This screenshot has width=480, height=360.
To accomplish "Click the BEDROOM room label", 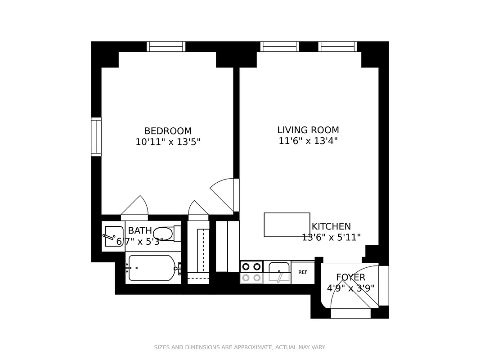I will click(x=168, y=131).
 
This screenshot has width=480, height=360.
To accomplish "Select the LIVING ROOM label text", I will click(x=308, y=130).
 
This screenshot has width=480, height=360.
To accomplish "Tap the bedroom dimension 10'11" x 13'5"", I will click(x=168, y=142).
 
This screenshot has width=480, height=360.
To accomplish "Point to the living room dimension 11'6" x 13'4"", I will click(x=308, y=141).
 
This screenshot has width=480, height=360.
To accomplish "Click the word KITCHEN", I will click(x=331, y=226).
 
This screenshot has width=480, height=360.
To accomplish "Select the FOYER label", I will click(x=350, y=277).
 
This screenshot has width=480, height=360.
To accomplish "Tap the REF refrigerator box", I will click(x=303, y=273).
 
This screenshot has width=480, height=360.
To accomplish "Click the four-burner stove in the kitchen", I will click(x=251, y=272).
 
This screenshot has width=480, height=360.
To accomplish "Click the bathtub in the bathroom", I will click(x=152, y=268).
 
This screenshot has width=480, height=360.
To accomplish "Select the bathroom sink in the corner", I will click(x=113, y=236).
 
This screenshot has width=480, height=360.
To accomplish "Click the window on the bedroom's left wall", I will click(x=96, y=137).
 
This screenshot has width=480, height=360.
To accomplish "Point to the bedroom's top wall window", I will click(x=166, y=46).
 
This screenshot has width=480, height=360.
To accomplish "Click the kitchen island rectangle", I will click(x=287, y=225).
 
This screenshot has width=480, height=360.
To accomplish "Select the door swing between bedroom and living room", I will click(x=224, y=193).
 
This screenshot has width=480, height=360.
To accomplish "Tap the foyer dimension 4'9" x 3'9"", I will click(x=350, y=288).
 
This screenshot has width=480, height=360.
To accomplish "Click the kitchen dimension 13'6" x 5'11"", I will click(x=331, y=238).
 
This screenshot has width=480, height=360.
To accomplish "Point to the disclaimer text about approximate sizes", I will click(x=240, y=347).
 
